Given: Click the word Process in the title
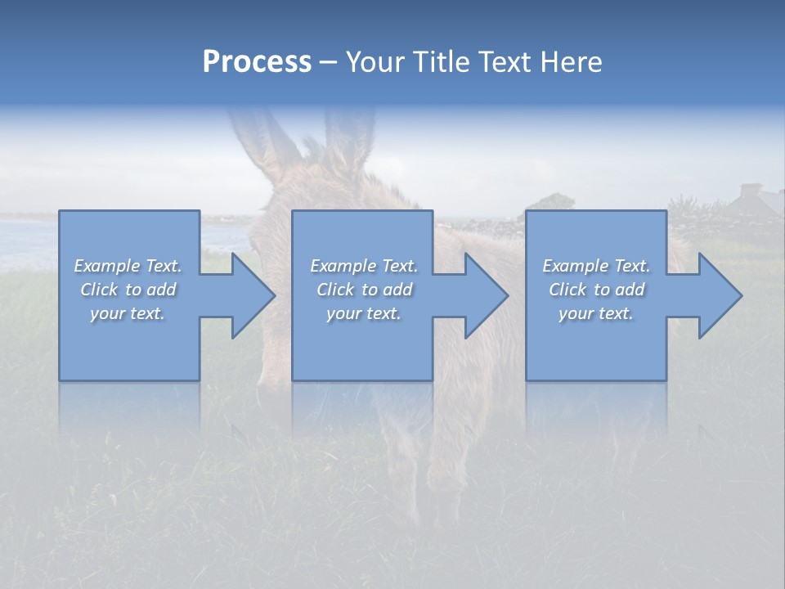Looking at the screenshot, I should point(257,62).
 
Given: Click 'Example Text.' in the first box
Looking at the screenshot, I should point(128,266).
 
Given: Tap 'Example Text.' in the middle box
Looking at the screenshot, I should point(364,266).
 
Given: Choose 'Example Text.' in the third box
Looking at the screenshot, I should point(596,266).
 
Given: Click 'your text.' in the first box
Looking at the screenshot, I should point(128,313).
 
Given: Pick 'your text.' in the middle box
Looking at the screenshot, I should point(364,313).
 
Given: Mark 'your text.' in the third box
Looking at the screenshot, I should point(596,313).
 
